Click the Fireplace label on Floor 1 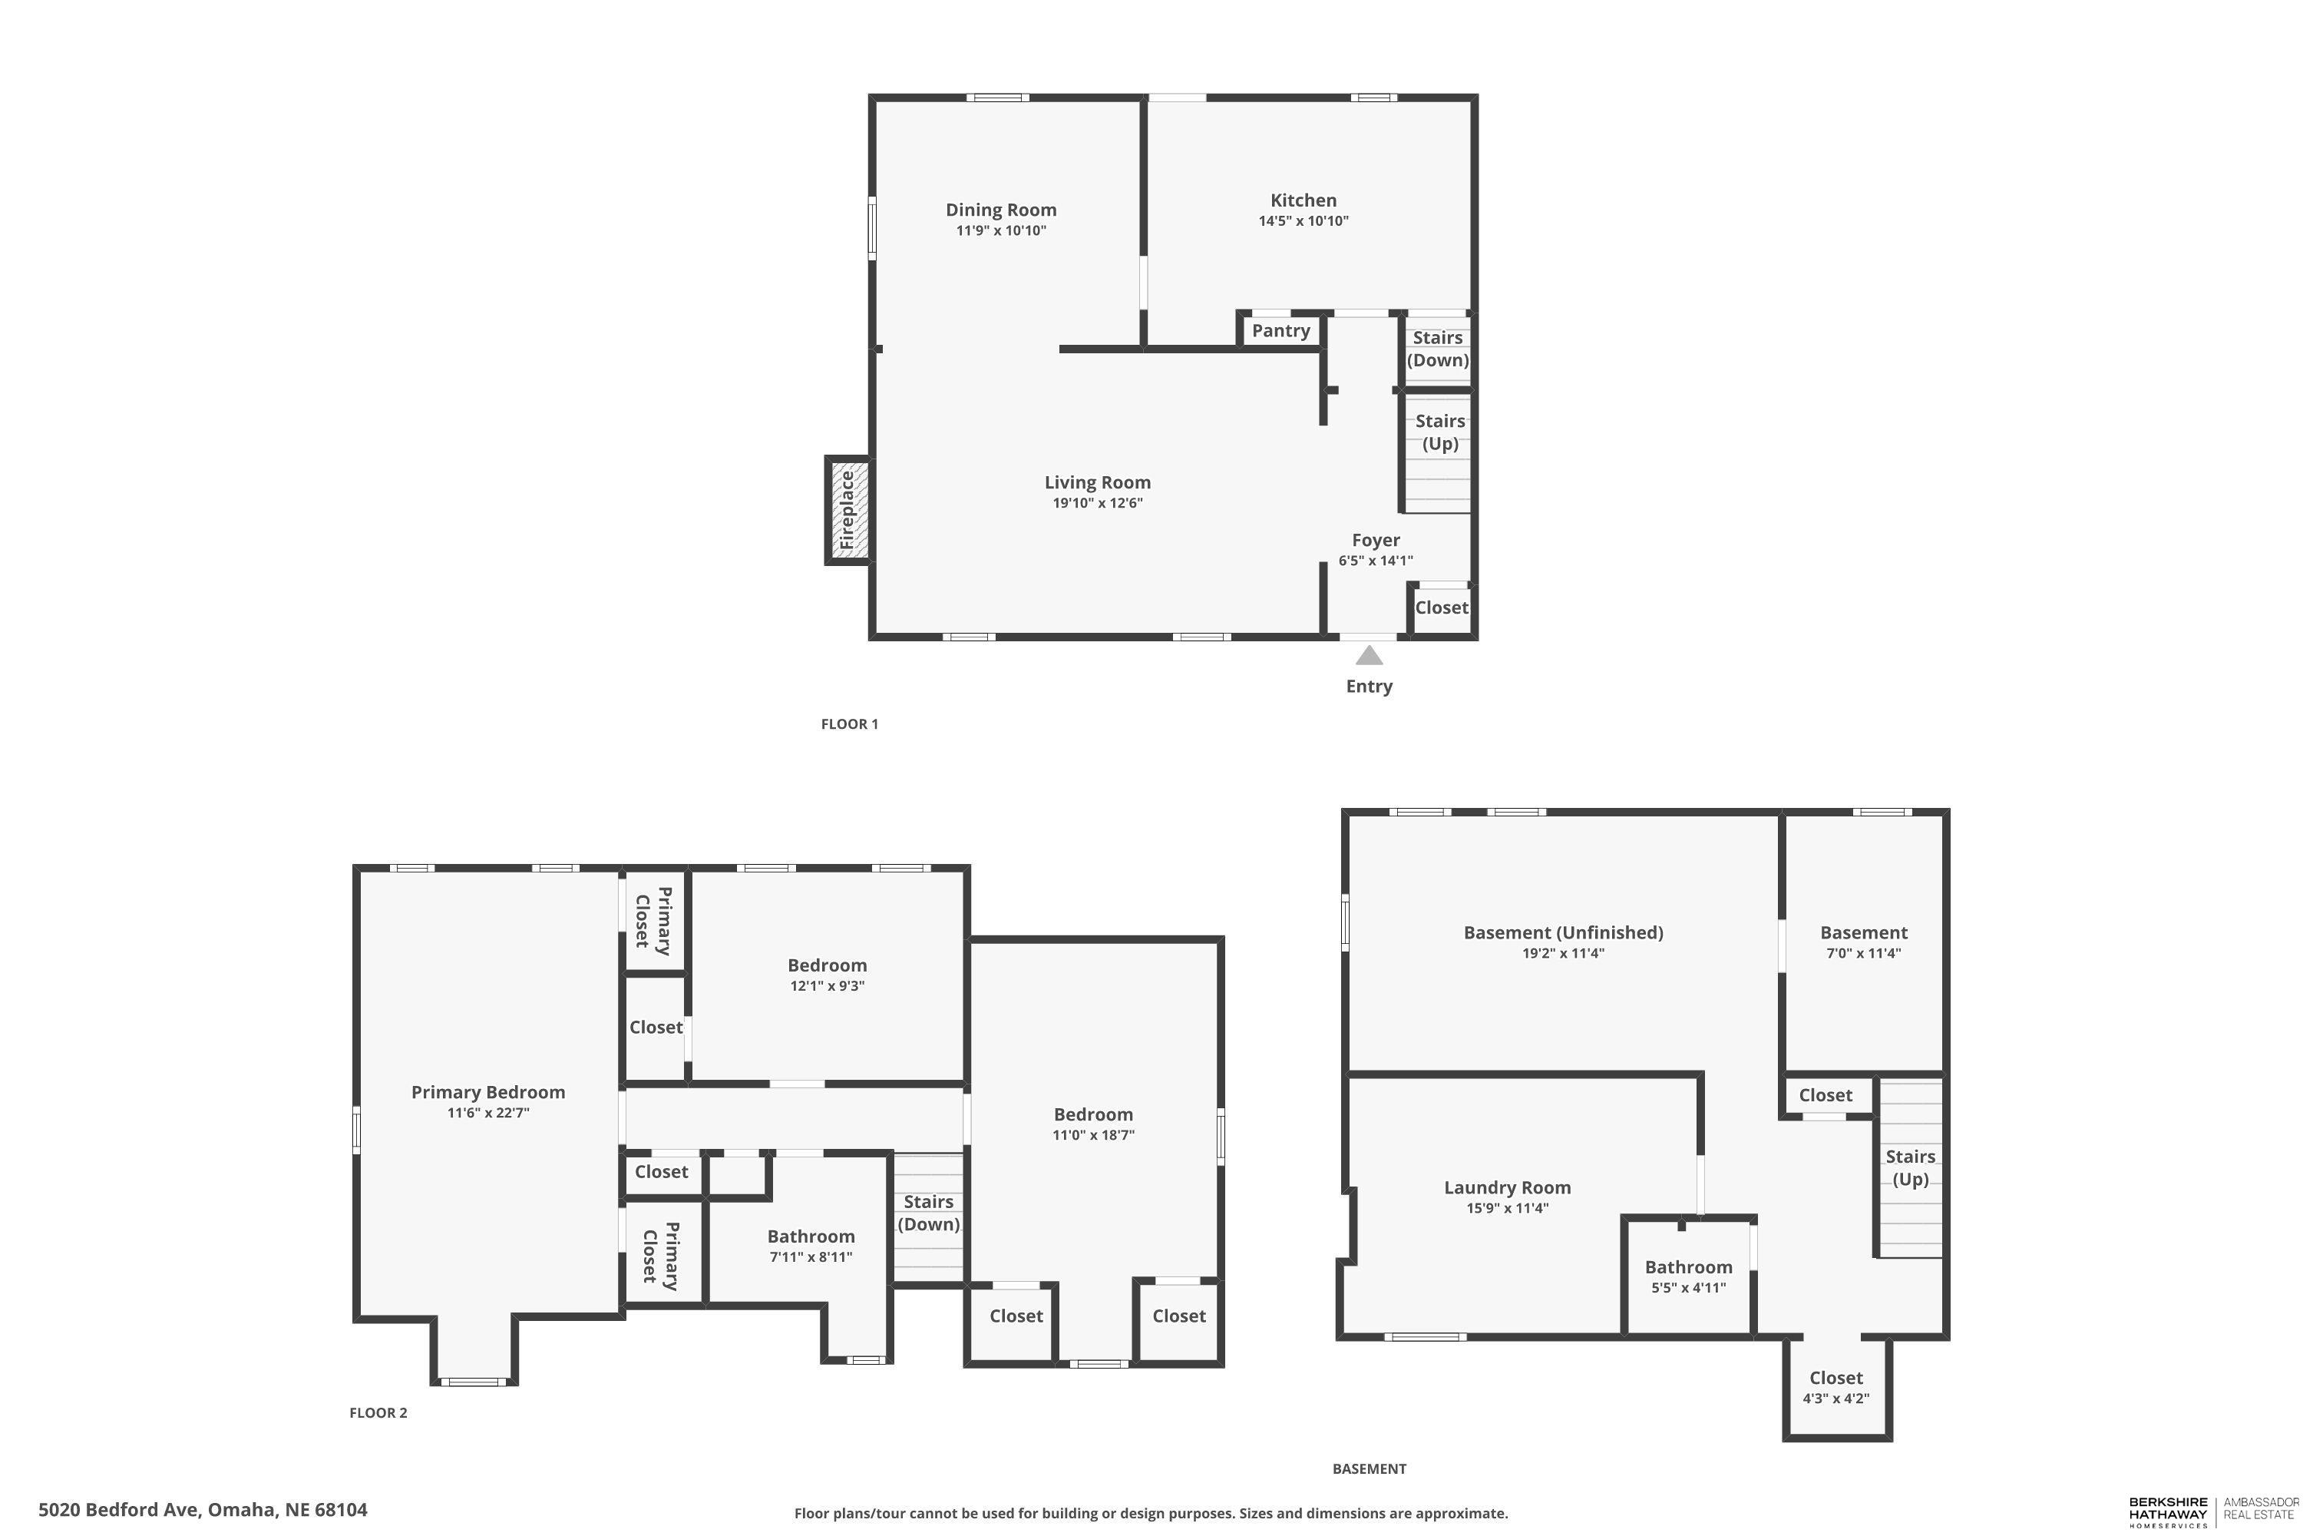click(847, 511)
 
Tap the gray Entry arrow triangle click(1369, 655)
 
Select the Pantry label click(1280, 331)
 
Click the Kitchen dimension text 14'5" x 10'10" click(1303, 221)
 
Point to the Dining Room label click(1001, 210)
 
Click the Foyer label click(1376, 540)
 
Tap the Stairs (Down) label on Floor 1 click(1439, 349)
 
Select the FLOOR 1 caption click(850, 724)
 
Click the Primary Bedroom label click(487, 1092)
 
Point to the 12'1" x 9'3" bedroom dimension click(828, 986)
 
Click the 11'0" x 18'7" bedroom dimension click(1094, 1135)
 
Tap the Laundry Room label click(1508, 1188)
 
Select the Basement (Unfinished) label click(1564, 932)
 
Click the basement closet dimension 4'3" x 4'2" click(1836, 1399)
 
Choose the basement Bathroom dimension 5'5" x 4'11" click(1689, 1288)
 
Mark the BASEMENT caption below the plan click(1369, 1468)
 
